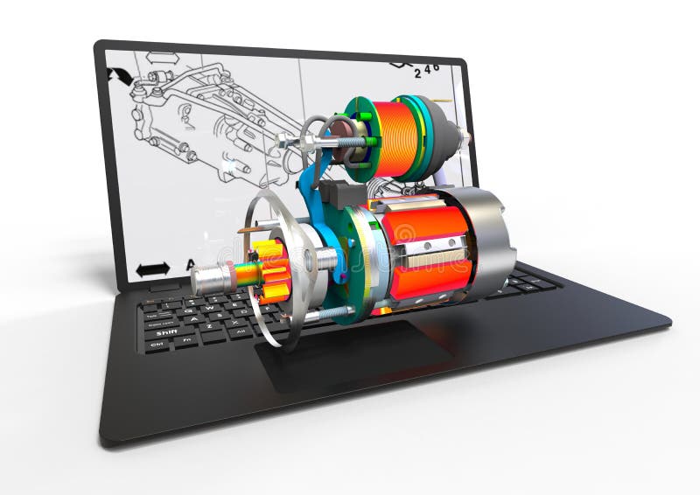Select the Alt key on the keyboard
[239, 333]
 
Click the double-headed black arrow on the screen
[152, 269]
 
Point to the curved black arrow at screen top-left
[119, 75]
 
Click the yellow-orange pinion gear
[271, 270]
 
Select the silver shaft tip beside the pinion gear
[210, 277]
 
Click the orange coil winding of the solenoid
[395, 138]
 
